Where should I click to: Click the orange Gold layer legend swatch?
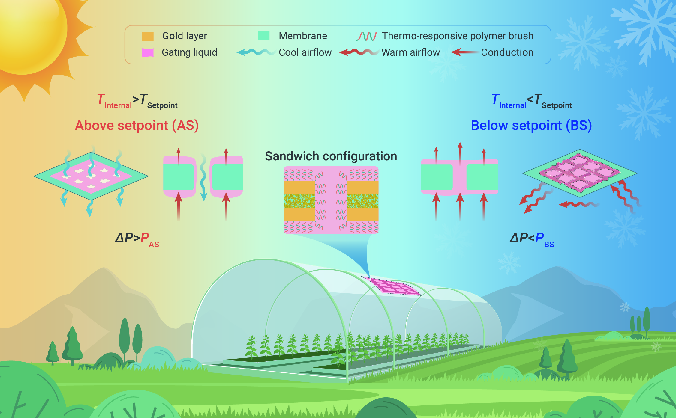coord(148,36)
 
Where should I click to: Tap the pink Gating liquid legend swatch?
coord(148,52)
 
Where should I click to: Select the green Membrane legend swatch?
coord(264,36)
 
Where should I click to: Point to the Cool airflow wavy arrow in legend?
coord(256,52)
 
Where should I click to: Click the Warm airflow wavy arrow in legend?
coord(359,52)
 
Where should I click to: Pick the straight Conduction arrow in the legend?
coord(465,52)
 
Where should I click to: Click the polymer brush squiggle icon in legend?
coord(366,36)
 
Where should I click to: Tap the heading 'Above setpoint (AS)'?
coord(137,125)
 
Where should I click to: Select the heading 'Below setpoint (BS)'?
coord(531,125)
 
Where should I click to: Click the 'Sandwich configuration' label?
coord(331,156)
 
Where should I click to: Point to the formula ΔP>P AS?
coord(137,239)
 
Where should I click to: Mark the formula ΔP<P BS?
coord(532,239)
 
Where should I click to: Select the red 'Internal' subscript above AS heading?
coord(118,105)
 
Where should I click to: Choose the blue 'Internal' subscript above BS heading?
coord(513,105)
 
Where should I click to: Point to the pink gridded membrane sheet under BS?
coord(580,173)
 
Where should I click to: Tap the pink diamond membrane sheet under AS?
coord(91,176)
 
